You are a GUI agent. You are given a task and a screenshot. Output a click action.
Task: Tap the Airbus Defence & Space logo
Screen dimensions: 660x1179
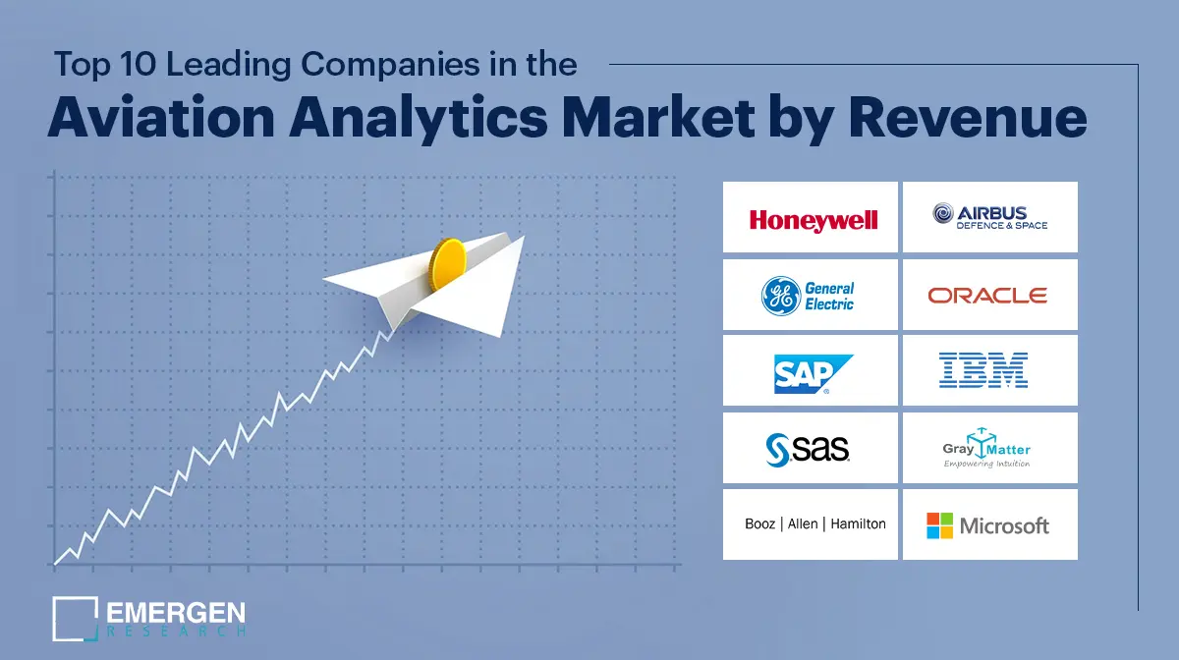pos(989,217)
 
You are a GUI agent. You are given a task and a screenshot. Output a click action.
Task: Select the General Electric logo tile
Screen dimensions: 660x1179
pos(811,295)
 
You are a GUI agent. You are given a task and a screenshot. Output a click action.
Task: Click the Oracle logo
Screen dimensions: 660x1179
pos(987,295)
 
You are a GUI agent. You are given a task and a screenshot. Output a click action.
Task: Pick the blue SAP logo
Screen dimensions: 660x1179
pos(811,373)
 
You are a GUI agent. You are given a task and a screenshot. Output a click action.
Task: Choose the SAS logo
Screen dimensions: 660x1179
pos(809,448)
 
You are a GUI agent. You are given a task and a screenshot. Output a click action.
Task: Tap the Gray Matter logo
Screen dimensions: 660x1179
pos(987,449)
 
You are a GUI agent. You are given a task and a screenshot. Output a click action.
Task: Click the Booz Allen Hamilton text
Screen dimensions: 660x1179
pos(814,523)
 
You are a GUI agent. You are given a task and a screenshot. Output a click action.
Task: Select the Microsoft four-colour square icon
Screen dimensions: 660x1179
pos(939,525)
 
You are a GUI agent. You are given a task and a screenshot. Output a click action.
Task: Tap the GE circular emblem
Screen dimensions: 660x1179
pos(781,296)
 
